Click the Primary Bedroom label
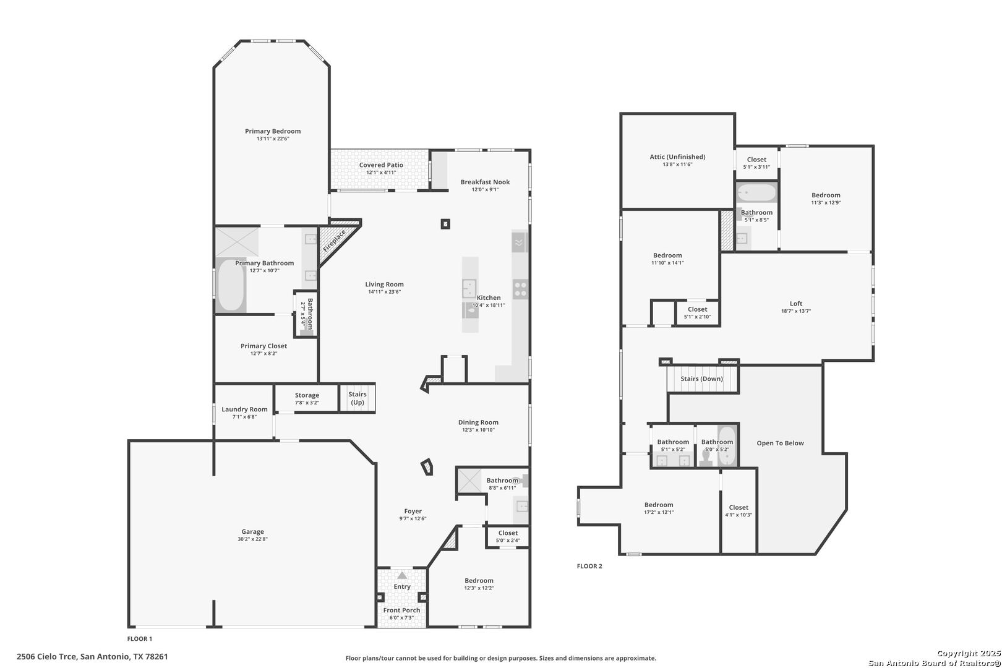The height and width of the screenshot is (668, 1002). click(273, 131)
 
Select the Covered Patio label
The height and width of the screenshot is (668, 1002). click(381, 165)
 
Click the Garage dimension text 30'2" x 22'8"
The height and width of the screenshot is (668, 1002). click(253, 539)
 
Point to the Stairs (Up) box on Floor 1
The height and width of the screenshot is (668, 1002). click(357, 398)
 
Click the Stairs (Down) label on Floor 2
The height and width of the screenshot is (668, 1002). click(702, 379)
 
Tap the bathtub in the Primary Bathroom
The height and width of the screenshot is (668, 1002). click(230, 286)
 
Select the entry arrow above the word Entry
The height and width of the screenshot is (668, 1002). click(402, 575)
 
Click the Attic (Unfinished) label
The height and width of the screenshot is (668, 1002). click(678, 156)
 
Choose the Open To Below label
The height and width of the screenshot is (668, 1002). click(780, 443)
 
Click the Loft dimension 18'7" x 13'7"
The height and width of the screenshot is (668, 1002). click(796, 311)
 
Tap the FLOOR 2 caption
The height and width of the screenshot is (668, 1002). click(589, 566)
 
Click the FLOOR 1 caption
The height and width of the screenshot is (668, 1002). click(140, 638)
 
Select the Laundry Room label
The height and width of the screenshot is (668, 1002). click(245, 409)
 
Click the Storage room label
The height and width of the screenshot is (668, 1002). click(307, 395)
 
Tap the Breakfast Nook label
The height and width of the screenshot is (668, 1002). click(486, 182)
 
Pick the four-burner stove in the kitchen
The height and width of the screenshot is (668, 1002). click(520, 289)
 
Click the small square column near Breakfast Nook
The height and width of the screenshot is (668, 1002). click(445, 224)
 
